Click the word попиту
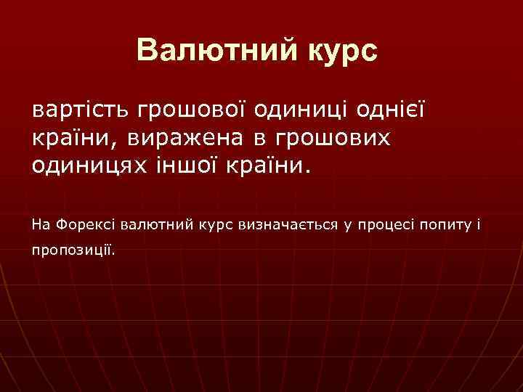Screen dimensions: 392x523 [445, 225]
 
